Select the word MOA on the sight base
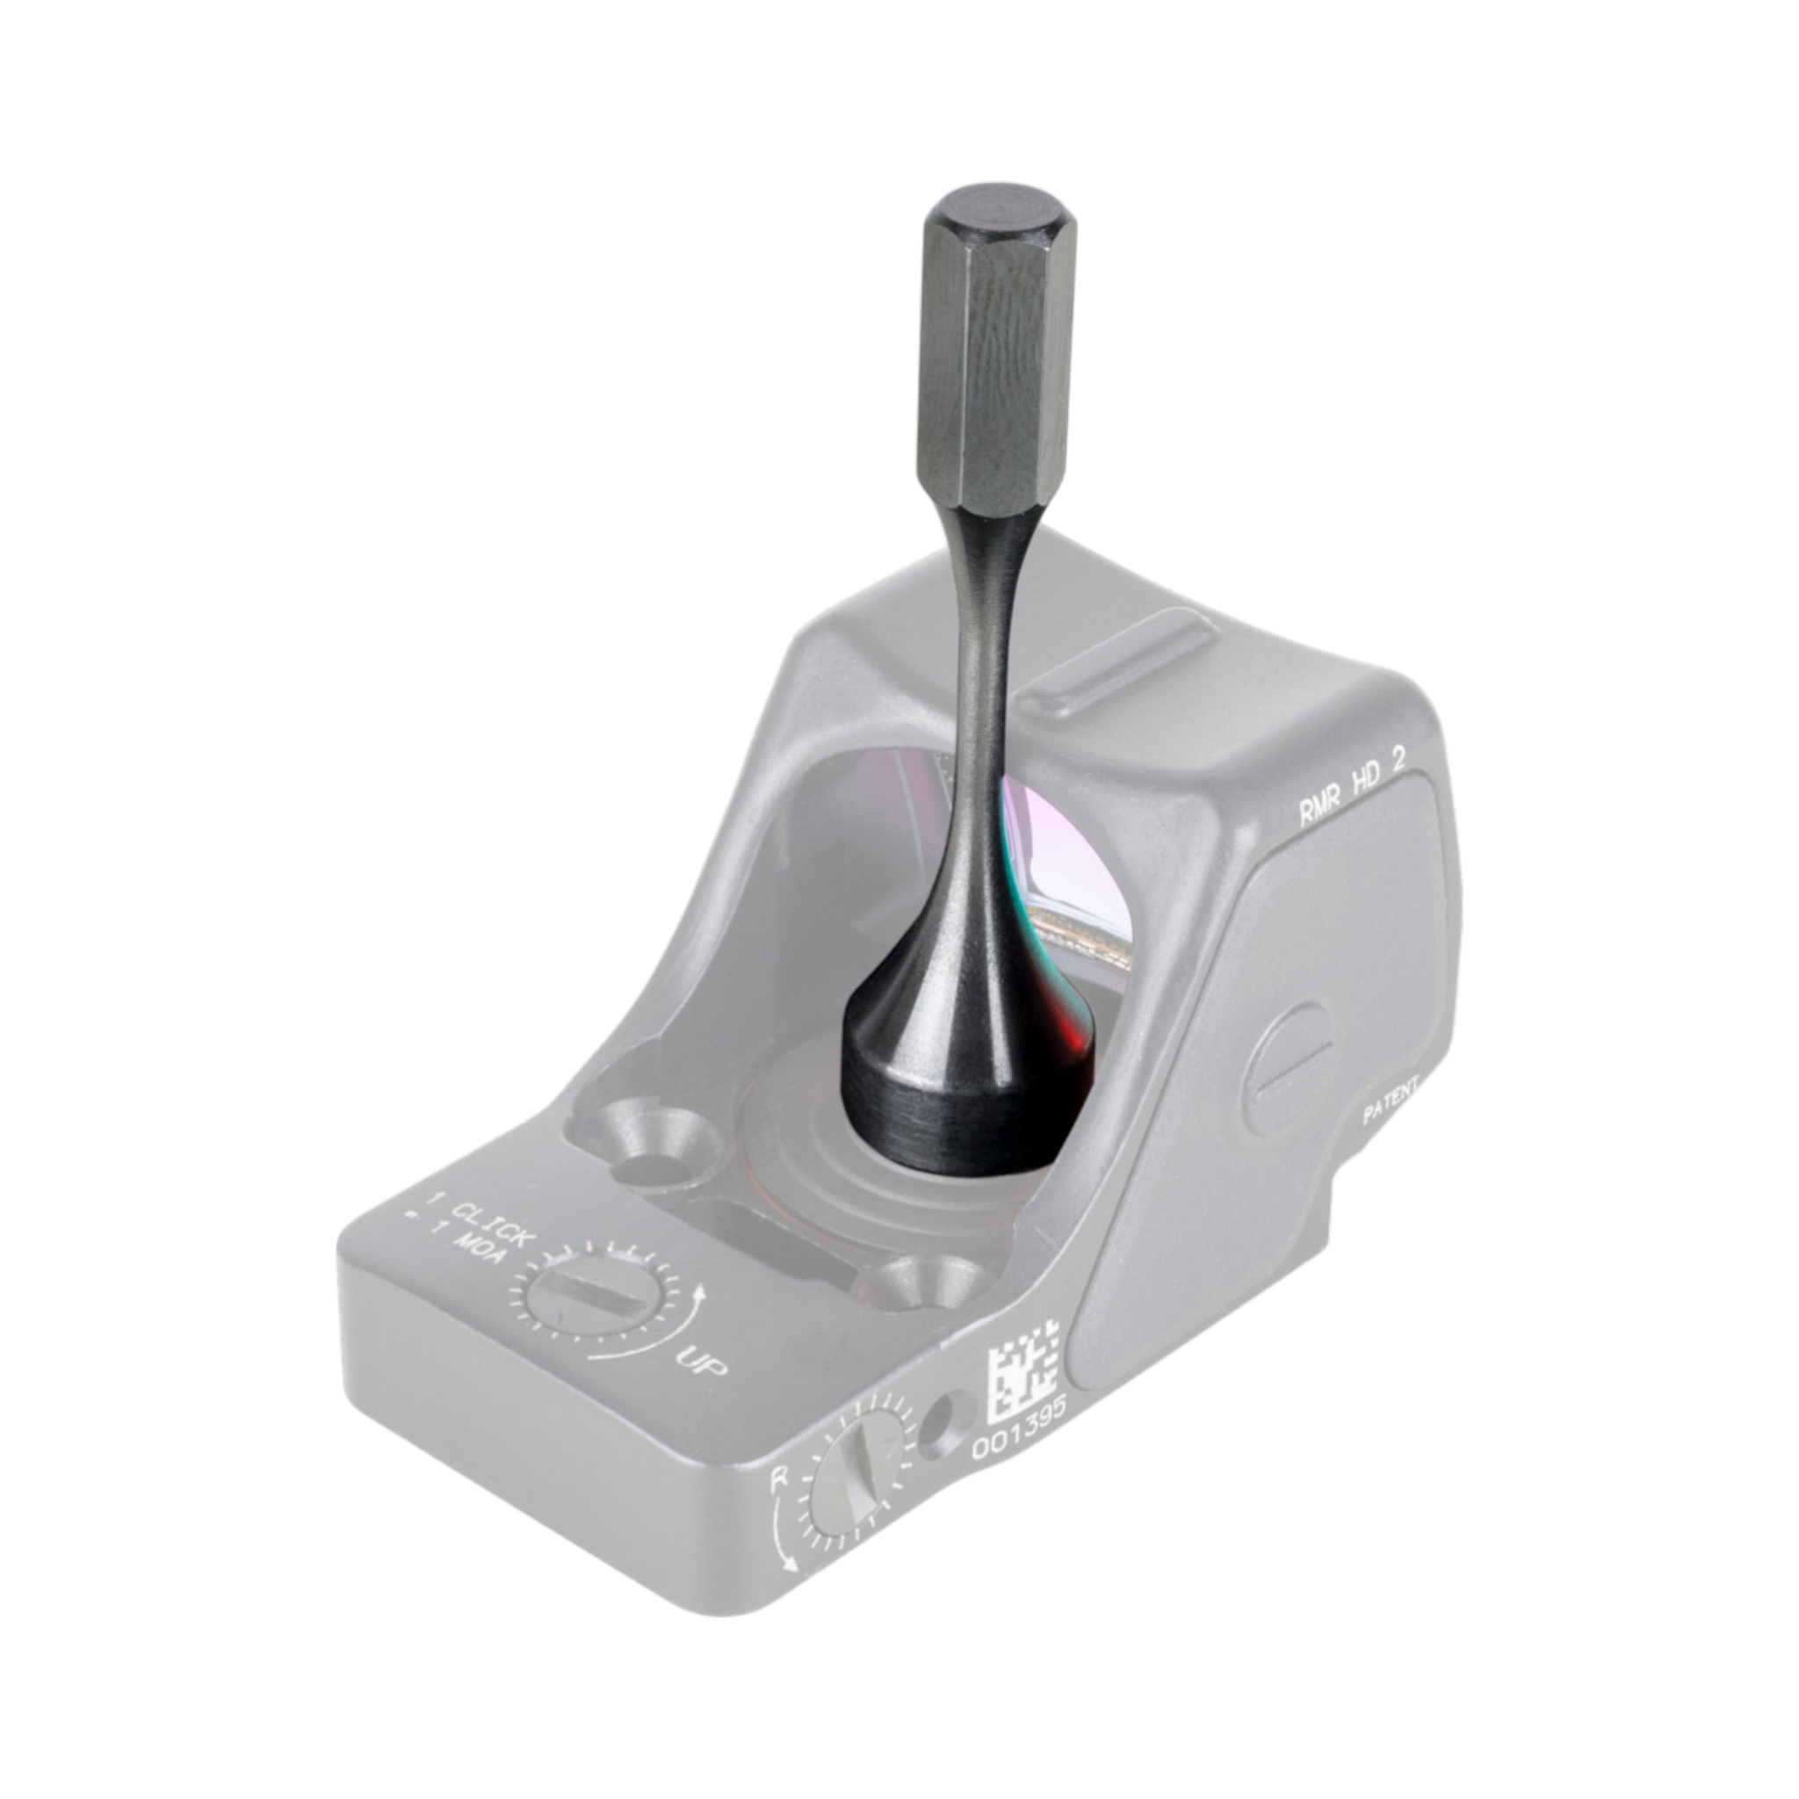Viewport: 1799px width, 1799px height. pyautogui.click(x=476, y=1259)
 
